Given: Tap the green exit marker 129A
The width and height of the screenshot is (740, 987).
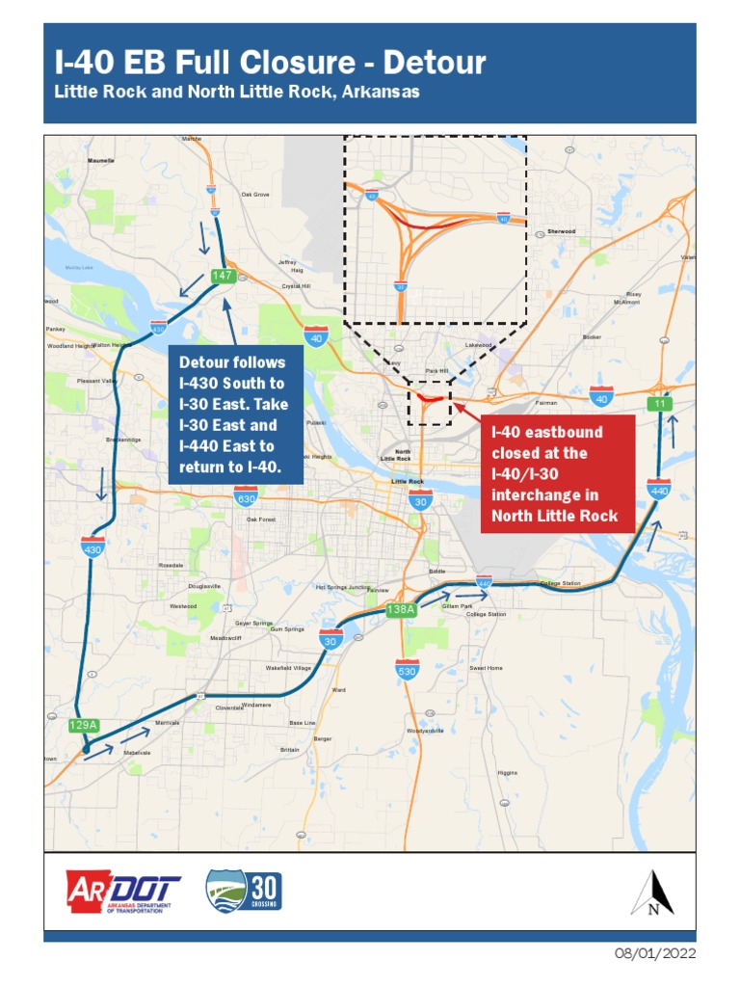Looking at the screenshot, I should coord(85,726).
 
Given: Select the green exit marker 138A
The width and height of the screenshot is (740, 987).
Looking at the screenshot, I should coord(400,609).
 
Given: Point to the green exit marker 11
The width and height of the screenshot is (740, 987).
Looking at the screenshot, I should coord(659,403).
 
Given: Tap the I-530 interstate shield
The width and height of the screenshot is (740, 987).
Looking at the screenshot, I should coord(407,669).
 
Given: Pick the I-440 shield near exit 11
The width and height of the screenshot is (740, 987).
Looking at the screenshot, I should coord(659,488).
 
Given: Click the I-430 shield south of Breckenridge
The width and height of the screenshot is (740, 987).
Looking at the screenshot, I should coord(93,547).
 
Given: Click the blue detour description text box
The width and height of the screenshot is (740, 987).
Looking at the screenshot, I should coord(236,414).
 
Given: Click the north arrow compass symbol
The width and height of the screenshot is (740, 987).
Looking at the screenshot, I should coord(652,893).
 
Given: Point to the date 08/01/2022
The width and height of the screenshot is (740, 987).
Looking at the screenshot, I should coord(655,954).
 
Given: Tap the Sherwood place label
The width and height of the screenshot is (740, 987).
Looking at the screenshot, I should coord(561,231).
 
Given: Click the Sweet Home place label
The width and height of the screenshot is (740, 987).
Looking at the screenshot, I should coord(486,667).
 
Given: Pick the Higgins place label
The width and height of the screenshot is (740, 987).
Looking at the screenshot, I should coord(507,773).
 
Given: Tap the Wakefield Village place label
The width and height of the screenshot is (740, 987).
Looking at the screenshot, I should coord(288,667).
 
